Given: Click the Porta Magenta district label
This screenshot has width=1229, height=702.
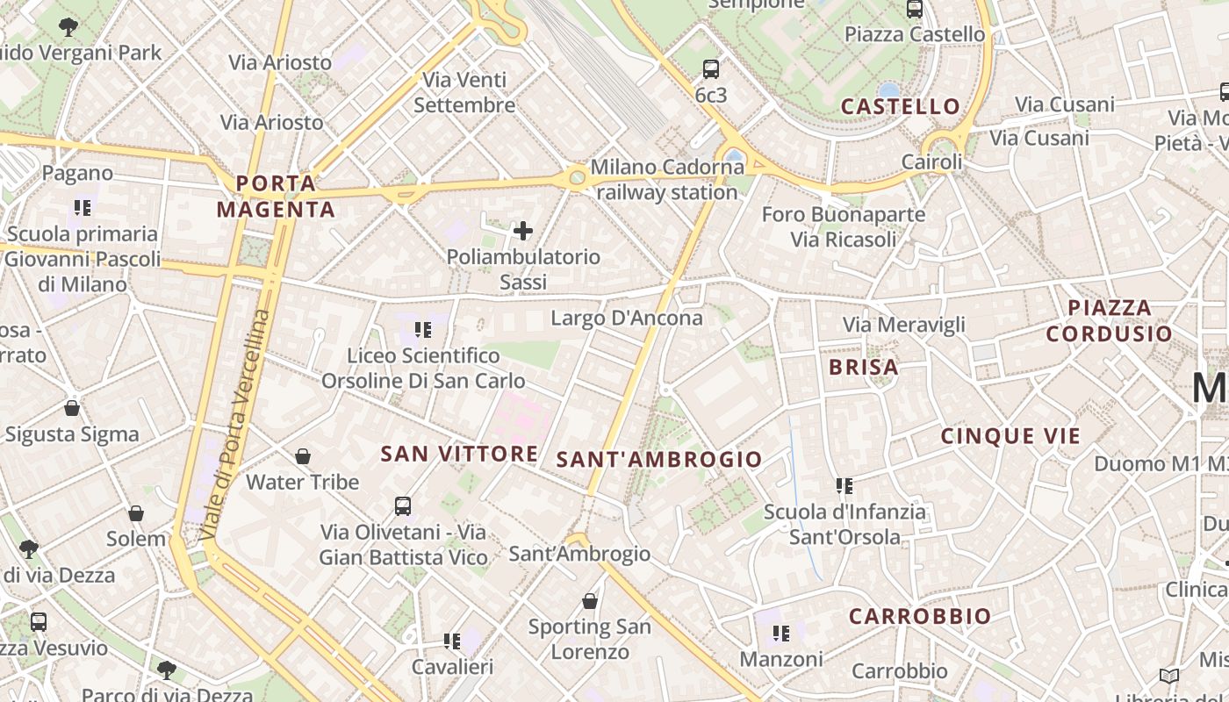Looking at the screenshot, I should [x=276, y=197].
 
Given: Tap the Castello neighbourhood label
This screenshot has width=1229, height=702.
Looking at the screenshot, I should [x=901, y=106].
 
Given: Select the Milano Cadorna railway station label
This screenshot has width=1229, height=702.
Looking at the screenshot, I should [x=666, y=179].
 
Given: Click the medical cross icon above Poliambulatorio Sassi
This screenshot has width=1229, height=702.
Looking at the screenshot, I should [x=523, y=231].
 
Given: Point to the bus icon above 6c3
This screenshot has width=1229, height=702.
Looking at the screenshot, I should [x=711, y=68].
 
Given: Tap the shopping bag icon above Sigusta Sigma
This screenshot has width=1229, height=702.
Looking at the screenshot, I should [x=72, y=408].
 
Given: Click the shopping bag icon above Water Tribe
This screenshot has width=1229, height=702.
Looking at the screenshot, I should [x=303, y=456].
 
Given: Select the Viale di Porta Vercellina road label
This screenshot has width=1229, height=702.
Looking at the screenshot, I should [x=234, y=425].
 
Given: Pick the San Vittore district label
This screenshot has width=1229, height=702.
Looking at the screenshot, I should [x=459, y=454].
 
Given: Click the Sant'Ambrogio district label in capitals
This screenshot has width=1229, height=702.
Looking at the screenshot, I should [x=659, y=459].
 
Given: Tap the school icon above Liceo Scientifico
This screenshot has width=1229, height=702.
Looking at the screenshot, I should [x=423, y=330].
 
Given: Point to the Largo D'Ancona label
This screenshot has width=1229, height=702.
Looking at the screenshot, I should [x=627, y=318].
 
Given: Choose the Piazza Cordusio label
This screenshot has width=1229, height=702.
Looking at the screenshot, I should [x=1110, y=320].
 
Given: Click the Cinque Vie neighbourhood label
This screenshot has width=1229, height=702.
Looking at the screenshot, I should [x=1010, y=436].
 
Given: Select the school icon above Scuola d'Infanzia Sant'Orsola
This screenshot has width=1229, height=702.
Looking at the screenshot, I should [x=844, y=485].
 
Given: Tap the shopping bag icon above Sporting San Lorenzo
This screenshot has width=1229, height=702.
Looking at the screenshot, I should [x=590, y=601].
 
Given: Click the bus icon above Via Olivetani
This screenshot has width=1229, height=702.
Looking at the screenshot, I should [x=403, y=506].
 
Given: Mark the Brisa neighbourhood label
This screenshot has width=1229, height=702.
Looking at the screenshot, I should [x=864, y=367].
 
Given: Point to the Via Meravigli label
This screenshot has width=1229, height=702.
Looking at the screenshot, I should [x=904, y=325].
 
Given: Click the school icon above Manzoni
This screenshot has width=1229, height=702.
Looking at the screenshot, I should [x=781, y=633].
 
